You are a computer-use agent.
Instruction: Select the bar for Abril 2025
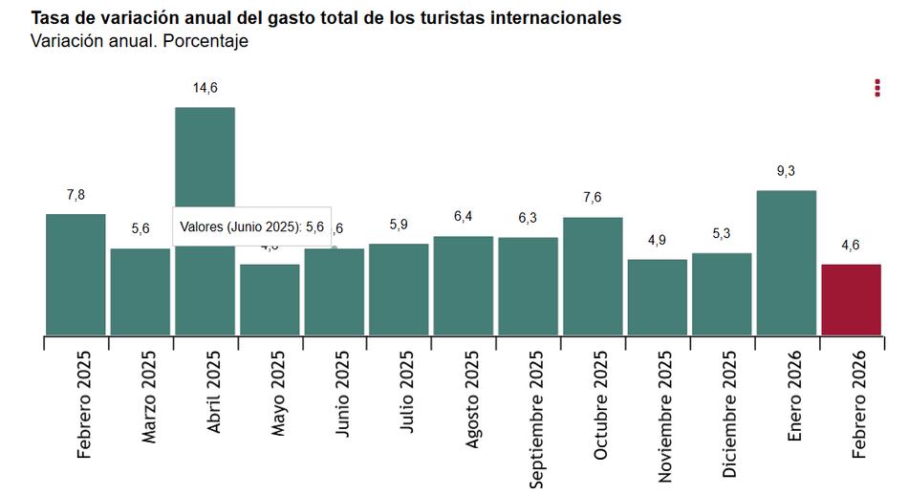coord(205,287)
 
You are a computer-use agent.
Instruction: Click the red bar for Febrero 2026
coord(851,300)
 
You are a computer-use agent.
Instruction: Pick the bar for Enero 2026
coord(787,263)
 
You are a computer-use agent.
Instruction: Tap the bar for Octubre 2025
coord(593,276)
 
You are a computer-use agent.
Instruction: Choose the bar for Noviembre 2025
coord(657,297)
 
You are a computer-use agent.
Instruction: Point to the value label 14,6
coord(205,88)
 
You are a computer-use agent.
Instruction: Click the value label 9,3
coord(787,171)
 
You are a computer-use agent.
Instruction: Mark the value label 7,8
coord(76,195)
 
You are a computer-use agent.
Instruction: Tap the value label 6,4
coord(464,217)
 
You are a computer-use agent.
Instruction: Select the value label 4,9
coord(657,240)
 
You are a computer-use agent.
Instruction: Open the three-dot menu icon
coord(876,88)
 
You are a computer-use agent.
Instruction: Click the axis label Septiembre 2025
coord(536,418)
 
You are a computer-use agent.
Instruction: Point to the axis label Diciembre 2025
coord(730,413)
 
